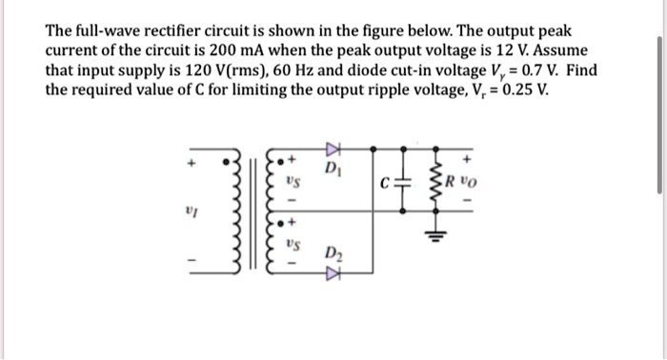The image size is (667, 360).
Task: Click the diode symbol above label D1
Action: click(x=333, y=149)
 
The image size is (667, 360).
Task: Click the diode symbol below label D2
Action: click(x=333, y=277)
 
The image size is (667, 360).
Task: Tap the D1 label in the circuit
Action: click(x=332, y=169)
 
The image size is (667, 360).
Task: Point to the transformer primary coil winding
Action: click(x=229, y=214)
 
